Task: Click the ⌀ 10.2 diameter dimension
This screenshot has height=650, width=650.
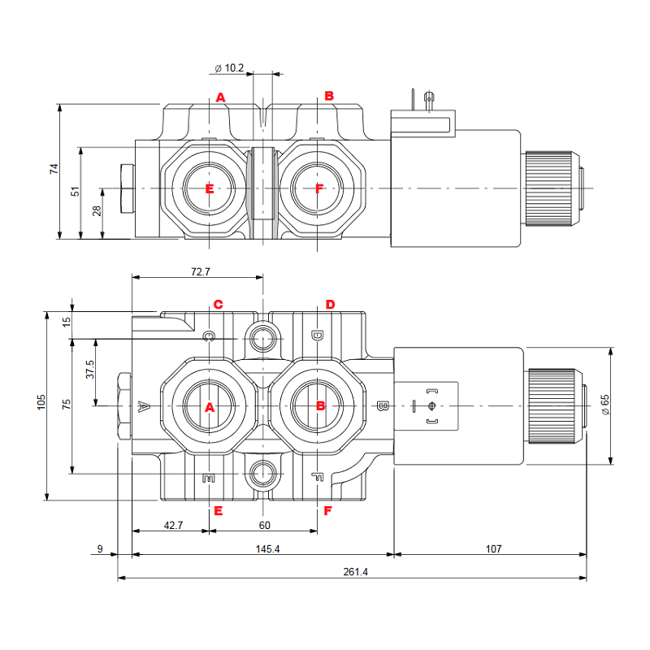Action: pos(229,68)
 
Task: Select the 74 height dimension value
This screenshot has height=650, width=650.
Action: pos(54,169)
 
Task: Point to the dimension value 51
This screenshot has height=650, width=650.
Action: pos(75,192)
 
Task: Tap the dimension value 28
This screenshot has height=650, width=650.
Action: pos(96,211)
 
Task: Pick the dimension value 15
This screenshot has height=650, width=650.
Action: pos(67,321)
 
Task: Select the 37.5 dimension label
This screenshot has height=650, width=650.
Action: pos(89,370)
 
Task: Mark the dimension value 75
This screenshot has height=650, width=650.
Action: pos(67,404)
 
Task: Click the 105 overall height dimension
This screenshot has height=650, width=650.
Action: pos(41,404)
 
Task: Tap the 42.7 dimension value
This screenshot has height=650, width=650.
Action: pos(174,526)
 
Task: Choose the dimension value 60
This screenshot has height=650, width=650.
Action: pos(264,526)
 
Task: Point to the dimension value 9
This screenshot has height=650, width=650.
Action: pos(101,549)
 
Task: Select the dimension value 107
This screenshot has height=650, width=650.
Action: pos(493,549)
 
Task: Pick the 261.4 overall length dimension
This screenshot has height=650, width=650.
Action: pos(356,572)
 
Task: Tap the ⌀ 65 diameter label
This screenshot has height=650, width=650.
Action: pos(604,405)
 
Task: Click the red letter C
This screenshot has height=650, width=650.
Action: pos(218,305)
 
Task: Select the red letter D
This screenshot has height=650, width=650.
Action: pos(330,305)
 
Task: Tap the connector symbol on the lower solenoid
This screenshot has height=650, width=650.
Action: pos(431,405)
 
